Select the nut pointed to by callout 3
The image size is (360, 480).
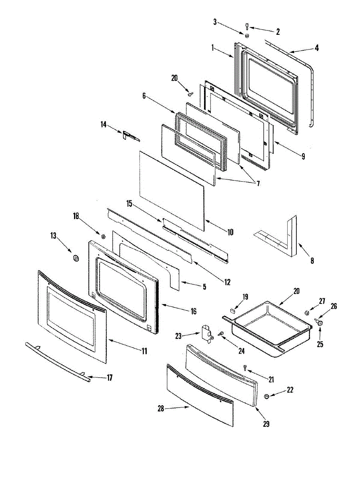(247, 36)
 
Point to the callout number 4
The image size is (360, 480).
(316, 48)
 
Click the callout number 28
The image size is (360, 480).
(160, 408)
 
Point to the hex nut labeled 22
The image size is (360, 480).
(267, 396)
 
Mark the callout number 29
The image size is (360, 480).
(266, 424)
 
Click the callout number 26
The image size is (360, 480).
(334, 306)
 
